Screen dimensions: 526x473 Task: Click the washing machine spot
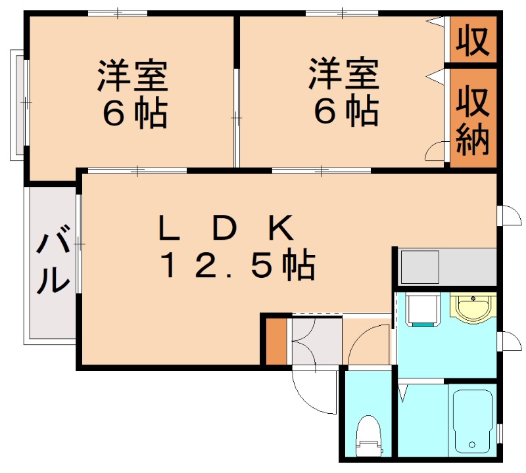(x=423, y=309)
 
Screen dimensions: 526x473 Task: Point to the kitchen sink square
(x=420, y=267)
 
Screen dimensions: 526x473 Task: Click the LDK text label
(x=226, y=229)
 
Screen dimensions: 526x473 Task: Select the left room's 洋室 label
(x=133, y=76)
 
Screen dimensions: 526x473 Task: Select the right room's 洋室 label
(x=344, y=74)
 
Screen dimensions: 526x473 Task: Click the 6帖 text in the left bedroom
(x=135, y=112)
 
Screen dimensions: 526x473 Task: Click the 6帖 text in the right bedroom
(x=347, y=110)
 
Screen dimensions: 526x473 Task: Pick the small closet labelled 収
(x=473, y=39)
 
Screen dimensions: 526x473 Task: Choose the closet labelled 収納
(x=473, y=118)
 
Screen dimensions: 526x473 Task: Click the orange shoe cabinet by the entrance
(x=276, y=341)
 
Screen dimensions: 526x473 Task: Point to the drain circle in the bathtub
(x=472, y=445)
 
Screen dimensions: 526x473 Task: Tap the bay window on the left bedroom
(x=18, y=104)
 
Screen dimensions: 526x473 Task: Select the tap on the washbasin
(x=473, y=298)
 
